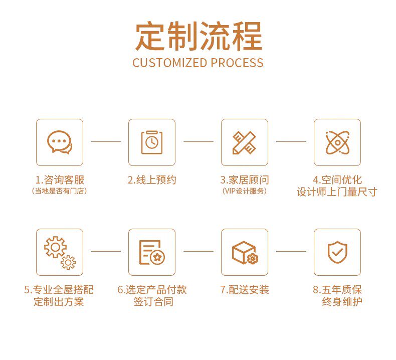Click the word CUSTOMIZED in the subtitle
(x=170, y=63)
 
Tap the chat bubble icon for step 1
(x=59, y=142)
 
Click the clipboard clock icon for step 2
(x=151, y=142)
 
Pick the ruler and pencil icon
(x=244, y=142)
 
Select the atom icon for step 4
(x=337, y=142)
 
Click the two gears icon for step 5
(x=59, y=252)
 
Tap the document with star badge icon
(x=151, y=252)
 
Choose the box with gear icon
(x=244, y=252)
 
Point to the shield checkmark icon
(x=337, y=252)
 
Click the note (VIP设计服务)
(x=244, y=191)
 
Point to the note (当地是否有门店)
(x=59, y=191)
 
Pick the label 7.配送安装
(x=244, y=290)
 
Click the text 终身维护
(x=342, y=301)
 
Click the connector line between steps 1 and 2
(x=105, y=142)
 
